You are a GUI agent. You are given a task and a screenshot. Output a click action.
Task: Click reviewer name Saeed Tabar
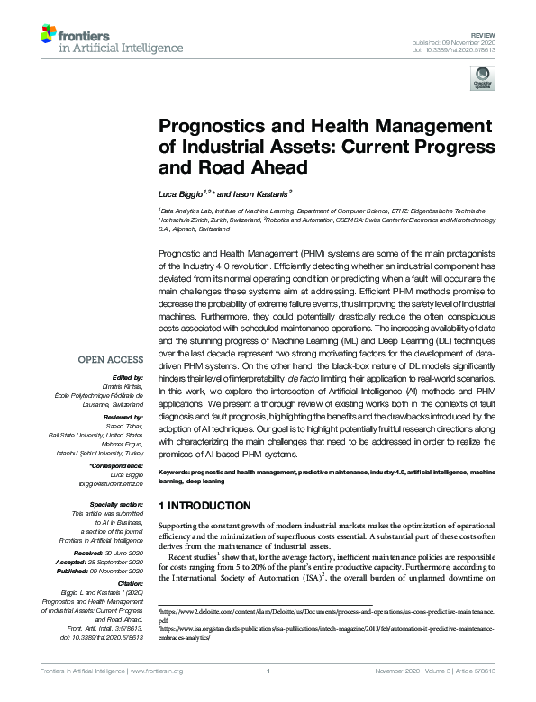tap(126, 427)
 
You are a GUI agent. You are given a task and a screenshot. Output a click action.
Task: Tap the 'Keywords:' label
tap(177, 472)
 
